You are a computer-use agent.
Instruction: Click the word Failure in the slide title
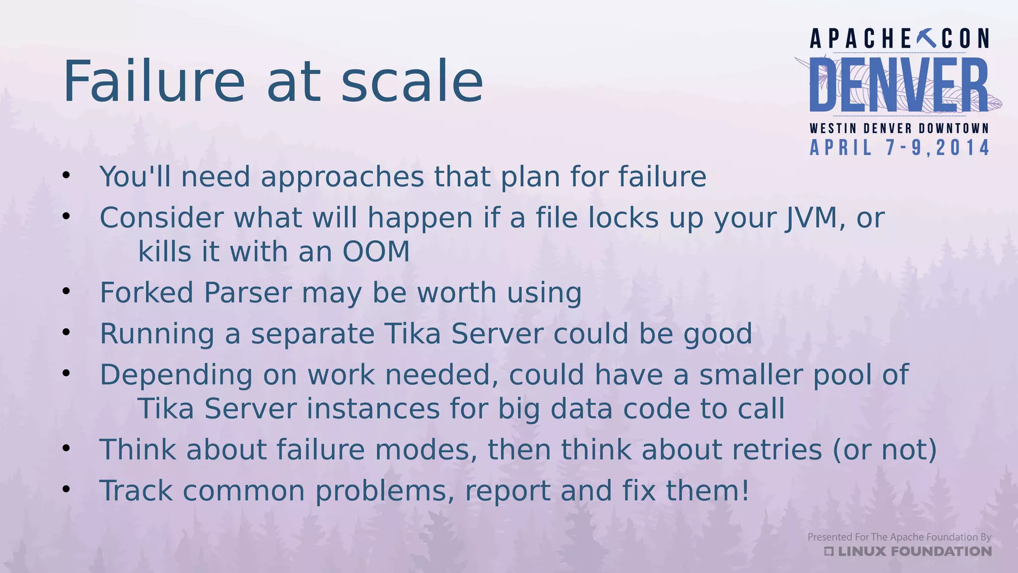[x=154, y=81]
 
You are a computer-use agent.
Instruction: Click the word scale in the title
[x=412, y=81]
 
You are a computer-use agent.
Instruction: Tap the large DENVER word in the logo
[x=899, y=85]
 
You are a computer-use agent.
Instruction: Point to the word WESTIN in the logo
[x=833, y=128]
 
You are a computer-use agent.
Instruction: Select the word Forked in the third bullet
[x=147, y=292]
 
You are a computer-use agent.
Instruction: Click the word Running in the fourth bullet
[x=157, y=334]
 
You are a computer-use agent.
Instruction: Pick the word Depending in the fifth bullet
[x=176, y=375]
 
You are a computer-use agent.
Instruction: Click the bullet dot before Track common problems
[x=66, y=489]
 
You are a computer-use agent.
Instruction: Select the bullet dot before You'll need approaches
[x=66, y=175]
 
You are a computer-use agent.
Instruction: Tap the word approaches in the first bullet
[x=342, y=177]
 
